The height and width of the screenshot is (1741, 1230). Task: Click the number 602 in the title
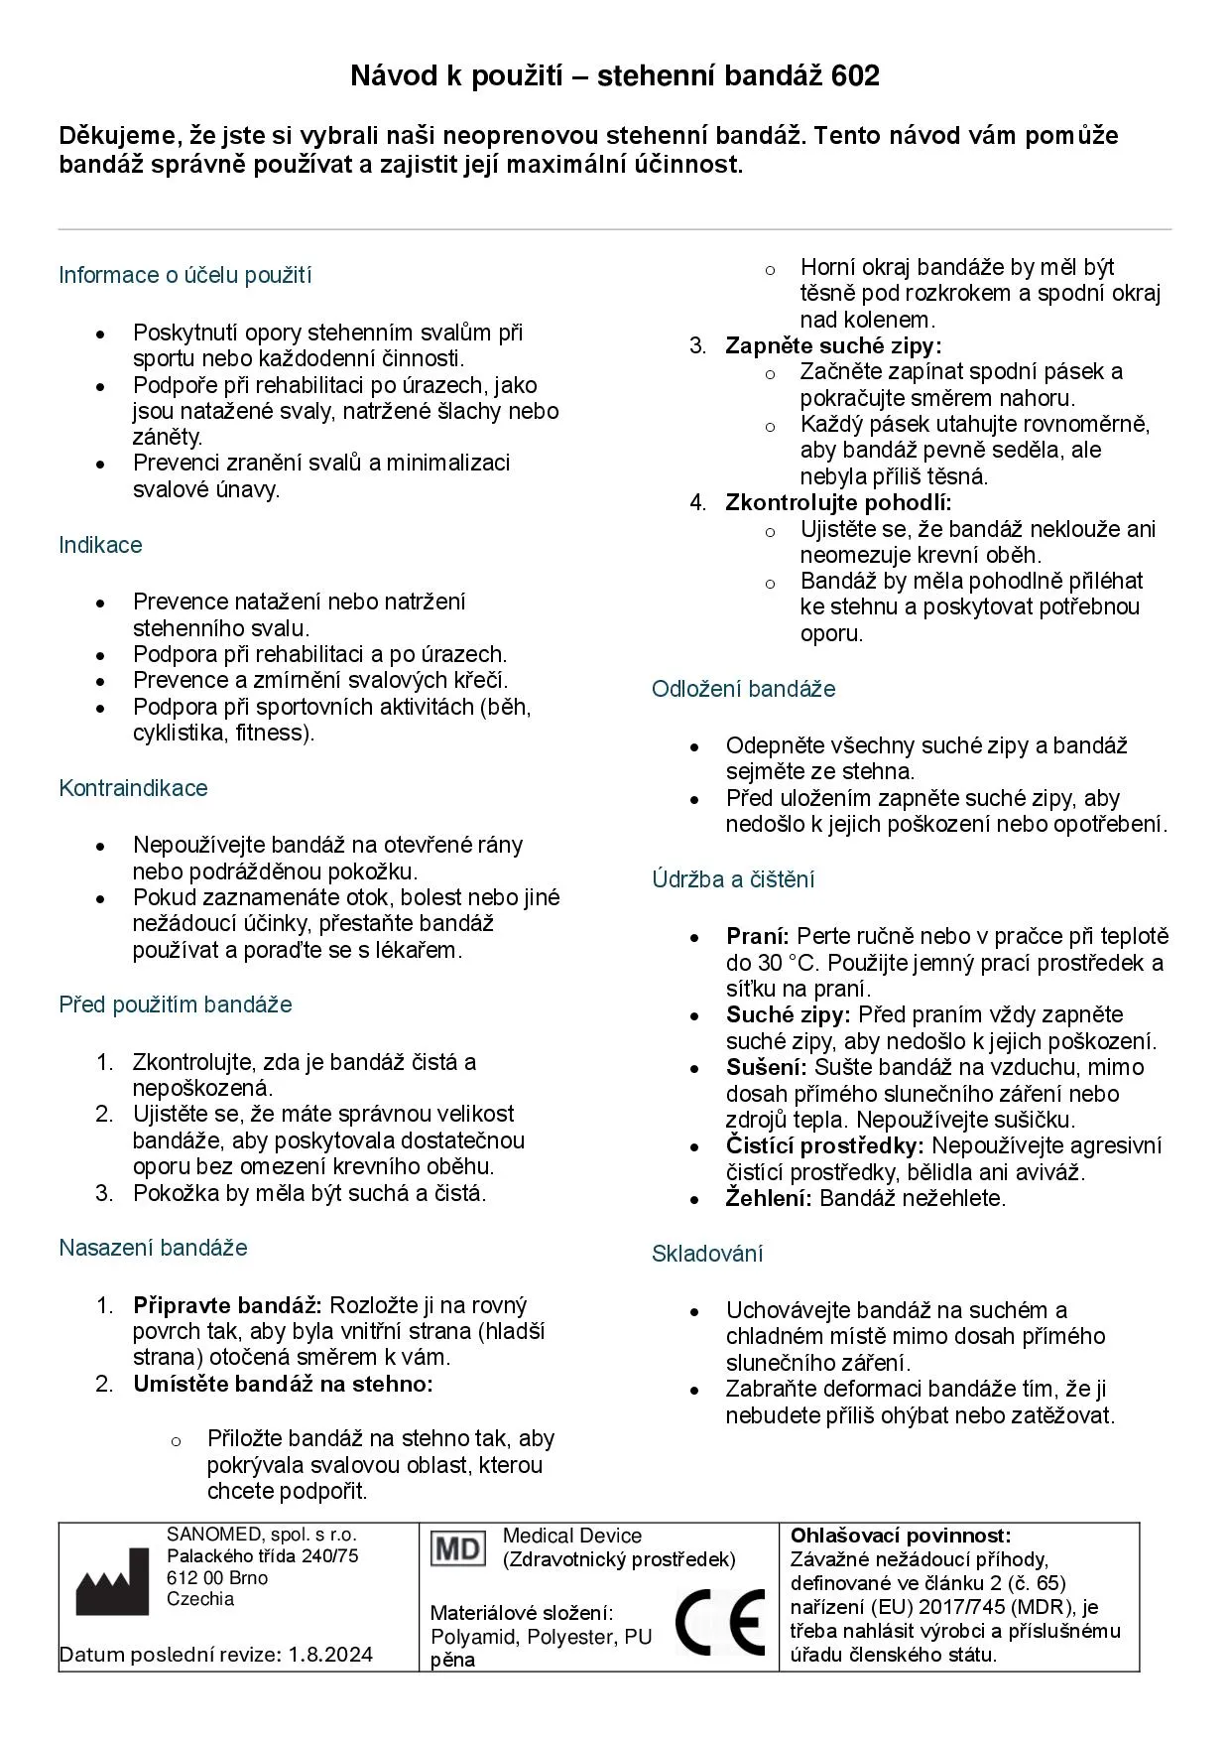pos(852,76)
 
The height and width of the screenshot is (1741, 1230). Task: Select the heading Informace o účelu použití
pos(184,275)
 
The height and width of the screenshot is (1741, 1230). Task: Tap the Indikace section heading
pos(100,545)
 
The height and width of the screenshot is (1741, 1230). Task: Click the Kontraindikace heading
pos(133,788)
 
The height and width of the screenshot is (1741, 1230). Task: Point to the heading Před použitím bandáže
pos(176,1004)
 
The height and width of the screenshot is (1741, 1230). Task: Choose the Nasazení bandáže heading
pos(153,1248)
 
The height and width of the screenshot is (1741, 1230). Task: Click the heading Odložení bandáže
pos(743,689)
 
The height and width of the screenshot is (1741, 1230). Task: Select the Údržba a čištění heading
pos(733,879)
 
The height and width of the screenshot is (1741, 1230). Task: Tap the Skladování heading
pos(707,1254)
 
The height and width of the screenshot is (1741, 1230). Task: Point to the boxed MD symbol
pos(458,1548)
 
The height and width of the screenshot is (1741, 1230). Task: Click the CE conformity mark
pos(721,1622)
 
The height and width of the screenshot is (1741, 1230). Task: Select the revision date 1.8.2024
pos(331,1655)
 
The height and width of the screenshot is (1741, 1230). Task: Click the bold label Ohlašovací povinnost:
pos(901,1536)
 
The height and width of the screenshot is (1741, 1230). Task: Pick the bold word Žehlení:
pos(769,1198)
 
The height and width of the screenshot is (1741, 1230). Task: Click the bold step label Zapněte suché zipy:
pos(833,345)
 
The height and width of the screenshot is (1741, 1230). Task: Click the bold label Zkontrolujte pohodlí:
pos(838,502)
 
